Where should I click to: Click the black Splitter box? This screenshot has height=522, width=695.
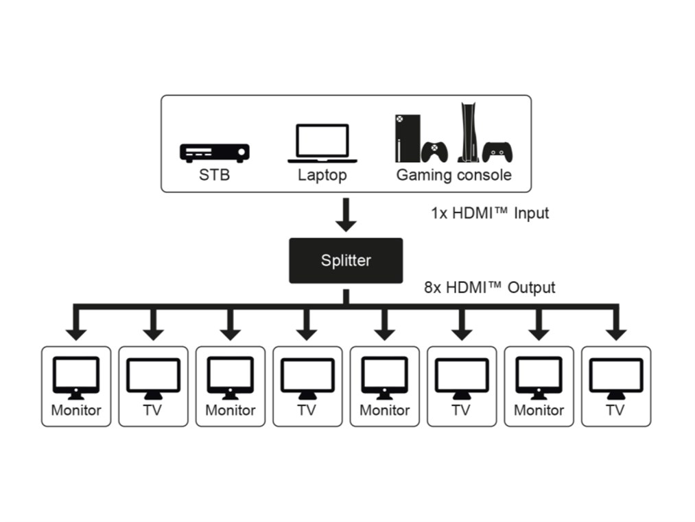(346, 260)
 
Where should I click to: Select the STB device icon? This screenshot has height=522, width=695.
(214, 152)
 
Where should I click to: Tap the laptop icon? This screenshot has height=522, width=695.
(322, 144)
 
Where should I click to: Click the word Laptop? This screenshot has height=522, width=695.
(322, 175)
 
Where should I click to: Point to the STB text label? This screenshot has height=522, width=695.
(214, 175)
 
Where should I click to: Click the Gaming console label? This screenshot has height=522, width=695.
(453, 175)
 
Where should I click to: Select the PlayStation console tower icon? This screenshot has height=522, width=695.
(469, 132)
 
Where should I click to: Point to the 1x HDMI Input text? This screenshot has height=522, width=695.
(490, 213)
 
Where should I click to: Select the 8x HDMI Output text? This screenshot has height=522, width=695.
(490, 287)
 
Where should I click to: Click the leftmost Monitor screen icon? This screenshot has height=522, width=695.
(76, 376)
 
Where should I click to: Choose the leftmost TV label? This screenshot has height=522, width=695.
(153, 411)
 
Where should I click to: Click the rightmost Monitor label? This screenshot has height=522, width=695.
(539, 411)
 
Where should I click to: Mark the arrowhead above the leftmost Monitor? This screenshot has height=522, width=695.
(76, 332)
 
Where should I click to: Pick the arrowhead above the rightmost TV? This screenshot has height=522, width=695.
(615, 332)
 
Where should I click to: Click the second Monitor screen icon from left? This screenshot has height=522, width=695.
(231, 376)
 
